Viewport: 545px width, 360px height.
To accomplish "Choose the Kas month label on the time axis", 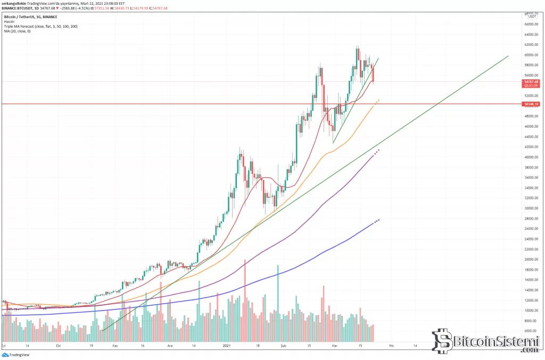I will coord(114,345).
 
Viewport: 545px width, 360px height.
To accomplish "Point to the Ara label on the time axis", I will coord(171,345).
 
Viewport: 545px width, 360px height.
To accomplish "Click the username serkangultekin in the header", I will coord(14,3).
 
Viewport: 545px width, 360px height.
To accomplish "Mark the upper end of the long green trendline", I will coord(508,56).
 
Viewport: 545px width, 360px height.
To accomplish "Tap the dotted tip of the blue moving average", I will coord(378,220).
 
